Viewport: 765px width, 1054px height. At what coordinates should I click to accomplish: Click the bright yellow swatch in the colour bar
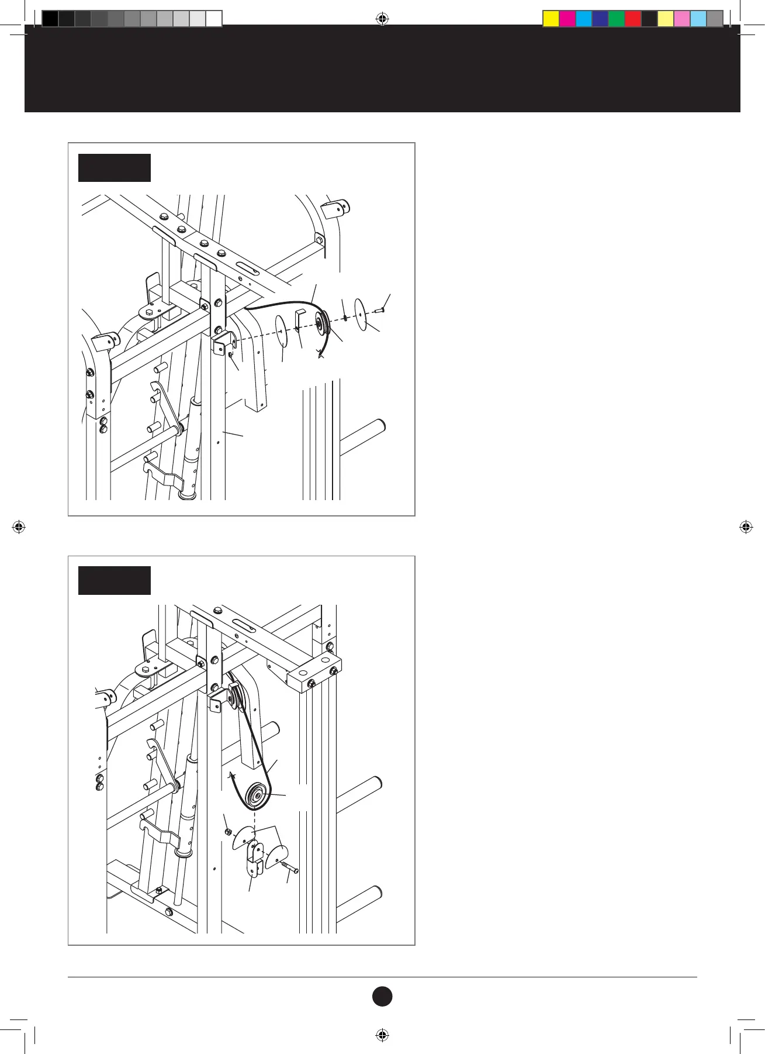tap(551, 19)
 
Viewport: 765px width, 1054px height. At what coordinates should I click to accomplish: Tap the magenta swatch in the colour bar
tap(567, 19)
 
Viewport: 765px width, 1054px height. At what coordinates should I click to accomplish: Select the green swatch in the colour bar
tap(617, 19)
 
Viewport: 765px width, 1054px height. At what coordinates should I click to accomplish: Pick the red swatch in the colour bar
tap(633, 19)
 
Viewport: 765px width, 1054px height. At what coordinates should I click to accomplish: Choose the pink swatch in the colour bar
tap(682, 19)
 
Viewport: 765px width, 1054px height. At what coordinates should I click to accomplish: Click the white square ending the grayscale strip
tap(214, 19)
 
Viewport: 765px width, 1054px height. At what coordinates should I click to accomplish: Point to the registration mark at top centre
tap(382, 19)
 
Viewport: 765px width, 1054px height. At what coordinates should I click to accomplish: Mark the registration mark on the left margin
tap(19, 527)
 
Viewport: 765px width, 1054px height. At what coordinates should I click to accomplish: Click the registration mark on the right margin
tap(746, 527)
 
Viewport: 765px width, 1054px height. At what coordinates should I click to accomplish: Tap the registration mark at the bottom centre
tap(382, 1035)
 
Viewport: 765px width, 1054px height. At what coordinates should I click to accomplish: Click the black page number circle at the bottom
tap(382, 996)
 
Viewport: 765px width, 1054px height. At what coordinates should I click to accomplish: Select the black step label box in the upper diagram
tap(115, 168)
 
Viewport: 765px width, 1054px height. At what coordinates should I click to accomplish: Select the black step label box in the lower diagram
tap(115, 580)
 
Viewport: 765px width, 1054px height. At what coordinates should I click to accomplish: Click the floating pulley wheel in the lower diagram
tap(257, 795)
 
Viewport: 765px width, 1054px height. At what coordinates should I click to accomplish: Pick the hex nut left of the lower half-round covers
tap(229, 832)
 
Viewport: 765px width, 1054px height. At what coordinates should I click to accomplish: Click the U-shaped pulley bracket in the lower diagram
tap(253, 860)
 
